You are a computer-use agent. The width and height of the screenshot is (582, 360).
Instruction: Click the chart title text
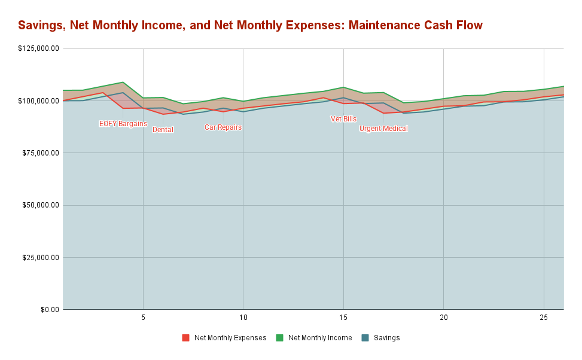coord(250,25)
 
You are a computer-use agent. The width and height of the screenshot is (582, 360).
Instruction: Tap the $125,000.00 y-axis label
coord(38,48)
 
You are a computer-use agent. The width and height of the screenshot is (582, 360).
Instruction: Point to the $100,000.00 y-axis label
coord(38,100)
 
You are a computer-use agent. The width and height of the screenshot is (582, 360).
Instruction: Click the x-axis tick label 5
coord(143,316)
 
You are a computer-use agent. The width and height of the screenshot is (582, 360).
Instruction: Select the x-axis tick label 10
coord(243,316)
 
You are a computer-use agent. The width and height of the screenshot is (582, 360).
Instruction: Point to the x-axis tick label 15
coord(343,316)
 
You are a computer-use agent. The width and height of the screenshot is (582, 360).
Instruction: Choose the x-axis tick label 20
coord(443,316)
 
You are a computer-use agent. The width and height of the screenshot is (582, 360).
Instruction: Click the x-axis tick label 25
coord(543,316)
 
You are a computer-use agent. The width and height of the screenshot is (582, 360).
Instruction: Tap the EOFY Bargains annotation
coord(123,124)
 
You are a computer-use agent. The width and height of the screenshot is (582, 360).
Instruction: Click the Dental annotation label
coord(163,130)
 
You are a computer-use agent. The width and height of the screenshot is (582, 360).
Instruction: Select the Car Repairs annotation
coord(223,127)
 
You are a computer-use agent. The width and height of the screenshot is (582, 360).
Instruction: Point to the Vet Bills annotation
coord(343,119)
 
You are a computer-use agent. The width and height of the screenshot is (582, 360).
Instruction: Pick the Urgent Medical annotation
coord(383,129)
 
